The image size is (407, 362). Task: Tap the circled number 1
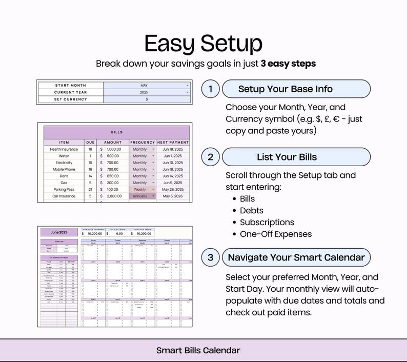210,89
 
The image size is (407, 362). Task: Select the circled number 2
210,157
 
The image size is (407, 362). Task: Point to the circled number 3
210,257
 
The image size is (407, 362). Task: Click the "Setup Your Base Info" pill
296,89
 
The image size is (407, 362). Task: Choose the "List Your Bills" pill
296,157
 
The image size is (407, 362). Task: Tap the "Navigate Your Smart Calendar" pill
296,257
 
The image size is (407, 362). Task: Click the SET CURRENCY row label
70,99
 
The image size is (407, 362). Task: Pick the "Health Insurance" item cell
64,149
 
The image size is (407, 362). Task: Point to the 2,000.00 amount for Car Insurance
114,196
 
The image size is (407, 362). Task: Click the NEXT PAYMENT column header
173,142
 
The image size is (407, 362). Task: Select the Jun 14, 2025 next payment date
173,176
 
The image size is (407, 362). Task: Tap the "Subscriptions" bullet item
267,223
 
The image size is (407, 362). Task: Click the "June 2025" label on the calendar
60,232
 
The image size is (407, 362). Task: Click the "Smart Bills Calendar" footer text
198,351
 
